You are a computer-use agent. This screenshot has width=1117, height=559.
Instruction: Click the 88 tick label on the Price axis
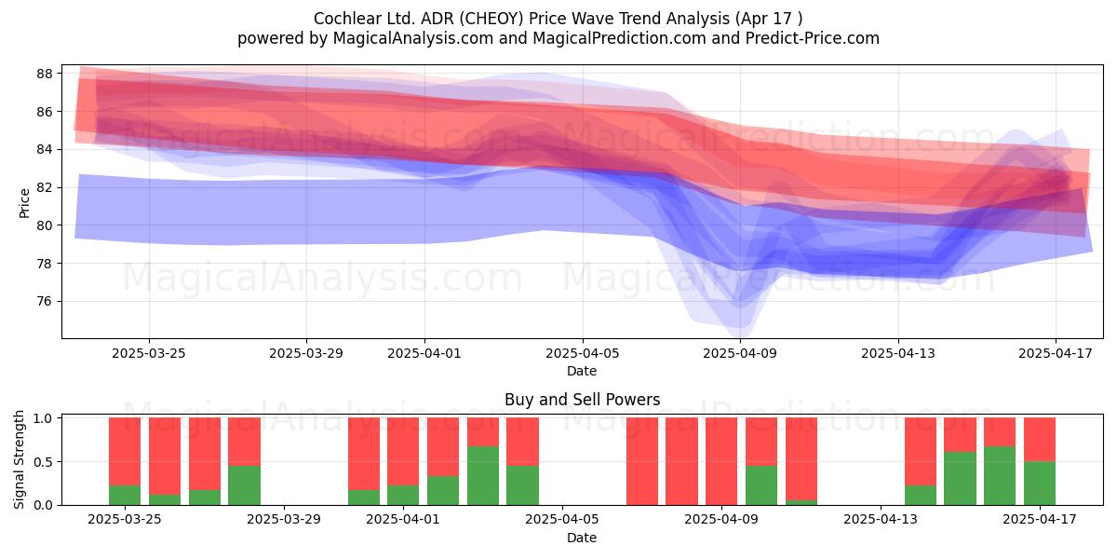point(44,74)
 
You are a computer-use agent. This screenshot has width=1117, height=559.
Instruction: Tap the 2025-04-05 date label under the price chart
point(582,353)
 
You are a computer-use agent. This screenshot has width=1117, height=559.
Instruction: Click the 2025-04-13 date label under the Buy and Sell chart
point(881,520)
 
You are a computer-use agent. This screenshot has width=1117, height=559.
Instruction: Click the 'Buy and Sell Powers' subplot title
point(582,400)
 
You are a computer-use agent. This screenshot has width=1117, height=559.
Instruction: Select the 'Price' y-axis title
point(24,203)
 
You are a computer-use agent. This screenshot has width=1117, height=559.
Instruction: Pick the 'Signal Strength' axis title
point(19,459)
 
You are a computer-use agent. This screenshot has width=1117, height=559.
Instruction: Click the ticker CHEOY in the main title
point(491,19)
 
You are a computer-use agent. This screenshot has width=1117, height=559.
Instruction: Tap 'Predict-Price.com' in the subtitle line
point(812,38)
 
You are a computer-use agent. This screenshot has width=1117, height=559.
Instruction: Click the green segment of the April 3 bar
point(483,476)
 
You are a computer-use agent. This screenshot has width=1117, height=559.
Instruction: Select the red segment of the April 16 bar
point(1000,431)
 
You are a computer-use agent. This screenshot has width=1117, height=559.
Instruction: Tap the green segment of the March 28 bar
point(244,485)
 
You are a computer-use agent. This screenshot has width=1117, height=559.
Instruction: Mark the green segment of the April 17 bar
point(1039,484)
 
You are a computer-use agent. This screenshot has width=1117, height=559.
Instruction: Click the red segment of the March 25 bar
point(125,451)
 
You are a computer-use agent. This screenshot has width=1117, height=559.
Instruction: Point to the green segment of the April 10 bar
point(761,485)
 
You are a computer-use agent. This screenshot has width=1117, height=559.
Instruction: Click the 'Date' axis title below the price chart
point(582,371)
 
